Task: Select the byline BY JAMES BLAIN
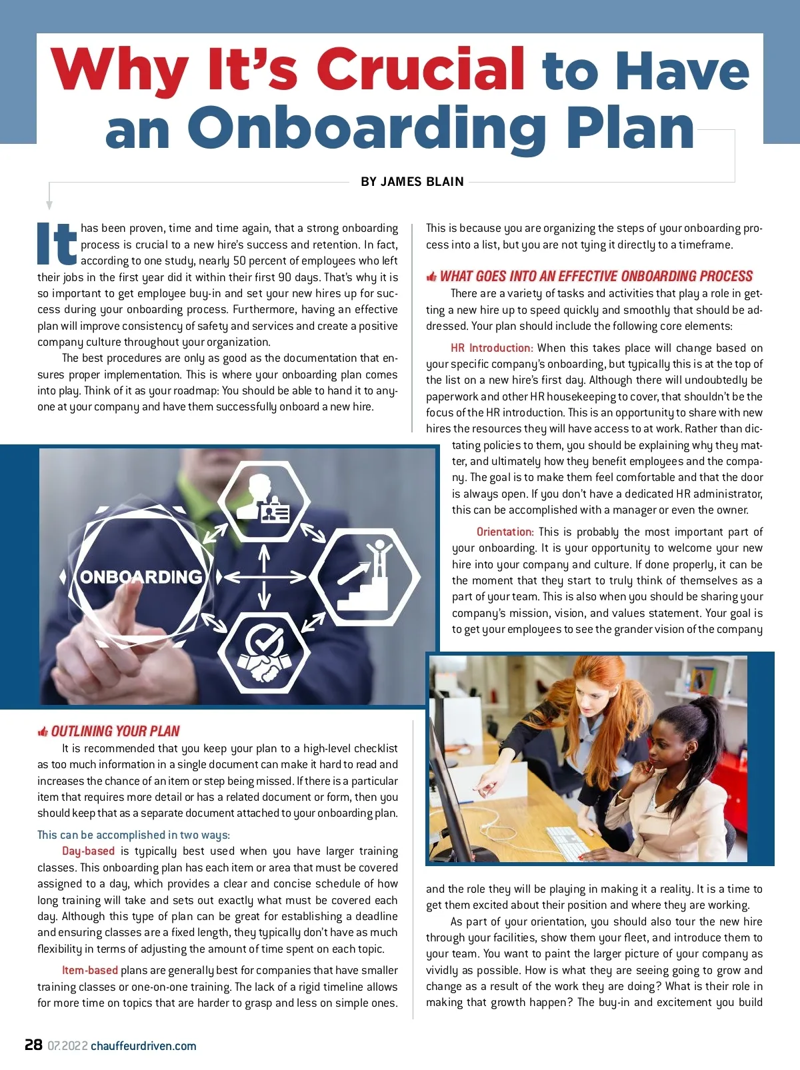[x=412, y=182]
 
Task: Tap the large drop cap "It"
[x=57, y=244]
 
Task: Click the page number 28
[x=33, y=1045]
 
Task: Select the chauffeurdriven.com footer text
[x=143, y=1045]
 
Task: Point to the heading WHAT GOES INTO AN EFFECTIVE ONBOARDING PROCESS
[x=596, y=276]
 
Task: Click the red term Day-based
[x=88, y=851]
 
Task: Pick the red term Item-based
[x=90, y=970]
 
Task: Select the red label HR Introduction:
[x=491, y=348]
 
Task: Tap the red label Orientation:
[x=505, y=532]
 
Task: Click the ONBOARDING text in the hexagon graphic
[x=141, y=577]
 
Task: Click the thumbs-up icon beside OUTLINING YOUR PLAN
[x=43, y=732]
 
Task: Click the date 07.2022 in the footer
[x=67, y=1045]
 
